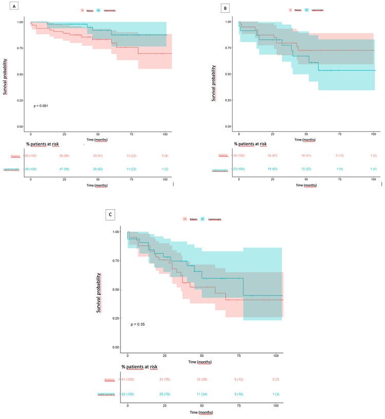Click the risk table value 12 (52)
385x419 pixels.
pyautogui.click(x=306, y=169)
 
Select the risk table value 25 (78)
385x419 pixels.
pyautogui.click(x=165, y=393)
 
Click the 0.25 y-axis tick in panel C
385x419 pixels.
pyautogui.click(x=115, y=318)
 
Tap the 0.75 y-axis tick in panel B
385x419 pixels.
pyautogui.click(x=227, y=48)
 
